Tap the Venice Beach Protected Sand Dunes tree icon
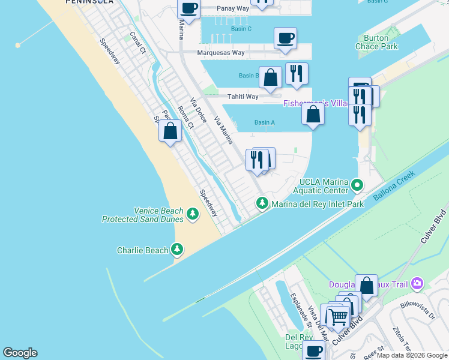pos(193,214)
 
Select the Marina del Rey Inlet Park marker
pos(262,204)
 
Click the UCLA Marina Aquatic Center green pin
pos(358,185)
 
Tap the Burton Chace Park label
pos(381,42)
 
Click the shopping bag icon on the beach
pos(170,131)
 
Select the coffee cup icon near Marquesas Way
pos(285,38)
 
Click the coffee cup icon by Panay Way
pos(189,9)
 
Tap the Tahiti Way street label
pos(243,97)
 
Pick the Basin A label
pos(265,122)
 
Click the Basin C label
pos(241,29)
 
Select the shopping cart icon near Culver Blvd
pos(338,316)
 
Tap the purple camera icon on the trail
pos(417,283)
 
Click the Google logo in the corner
pos(20,353)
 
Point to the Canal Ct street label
pos(137,43)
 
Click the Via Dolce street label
pos(199,110)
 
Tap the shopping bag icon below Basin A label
pos(313,113)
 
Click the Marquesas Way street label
pos(221,53)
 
